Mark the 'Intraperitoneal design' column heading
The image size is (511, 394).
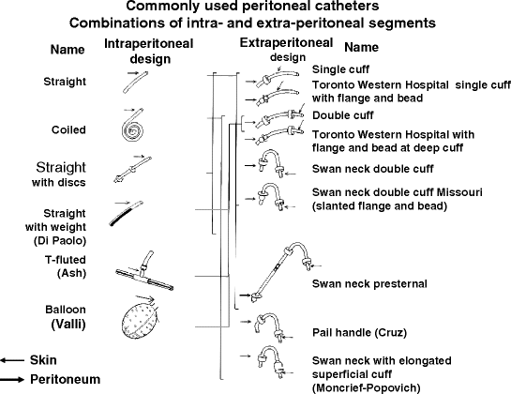[137, 52]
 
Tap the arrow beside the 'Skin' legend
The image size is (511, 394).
[14, 359]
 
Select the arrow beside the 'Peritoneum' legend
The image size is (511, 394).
[14, 378]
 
